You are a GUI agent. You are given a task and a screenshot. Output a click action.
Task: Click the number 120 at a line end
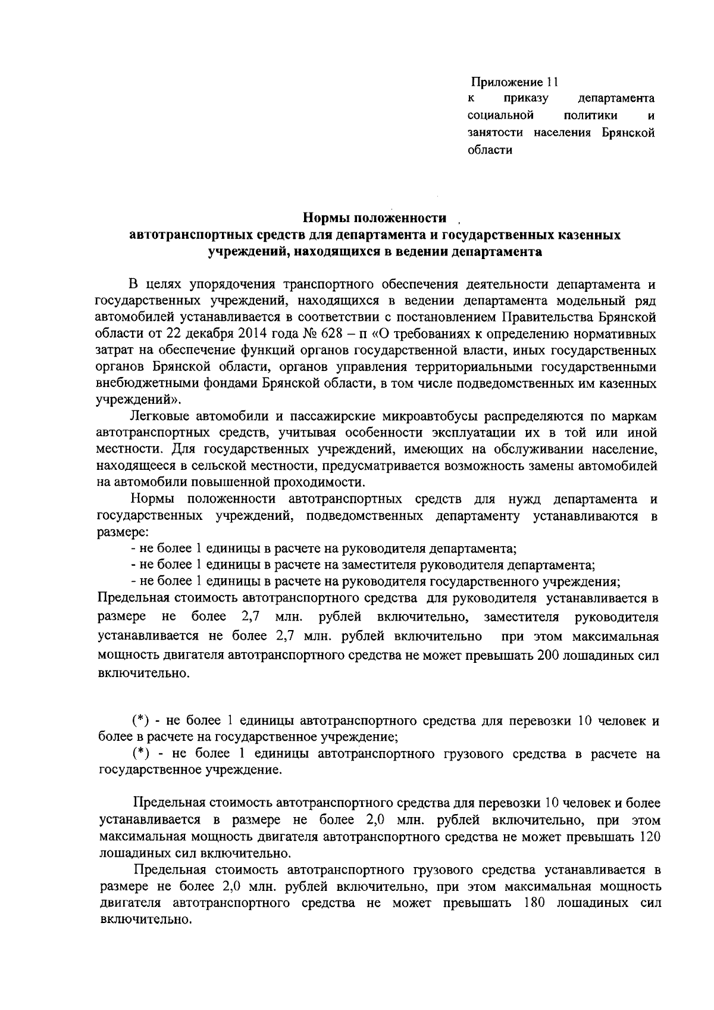649,837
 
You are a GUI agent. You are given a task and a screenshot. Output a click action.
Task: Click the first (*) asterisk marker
140,721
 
